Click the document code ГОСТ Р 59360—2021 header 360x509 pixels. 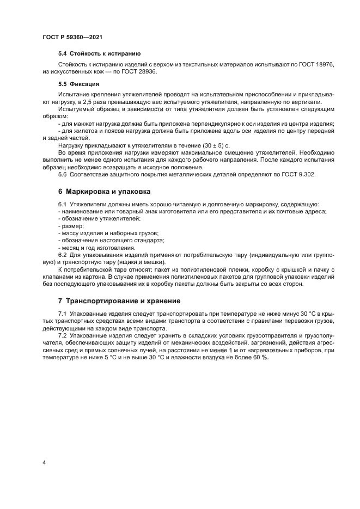72,36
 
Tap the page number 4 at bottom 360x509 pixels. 44,462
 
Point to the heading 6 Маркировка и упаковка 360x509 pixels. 105,192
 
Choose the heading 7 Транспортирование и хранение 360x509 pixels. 119,301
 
